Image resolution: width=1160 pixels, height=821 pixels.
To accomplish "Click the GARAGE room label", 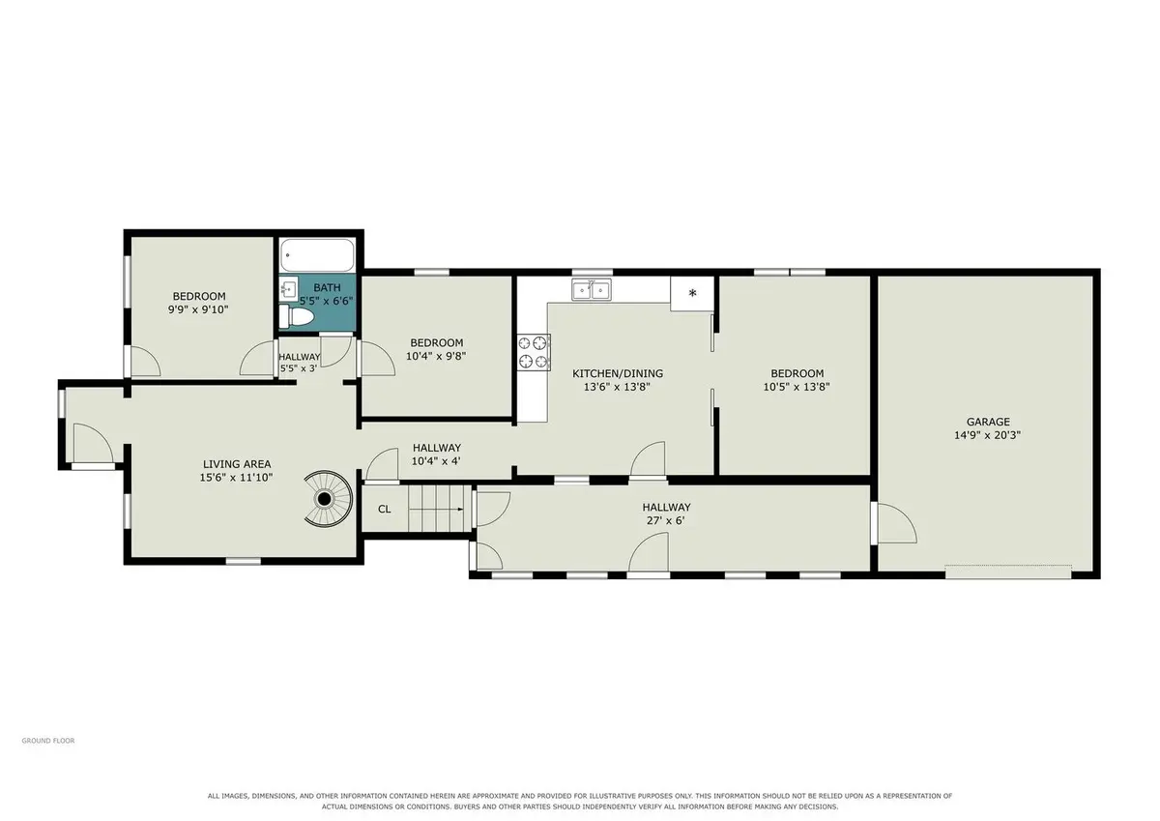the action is click(988, 422).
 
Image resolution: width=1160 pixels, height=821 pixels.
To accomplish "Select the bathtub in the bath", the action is click(317, 255).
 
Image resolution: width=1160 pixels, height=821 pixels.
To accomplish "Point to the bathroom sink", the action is click(288, 288).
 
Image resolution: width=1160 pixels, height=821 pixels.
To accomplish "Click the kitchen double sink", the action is click(592, 289).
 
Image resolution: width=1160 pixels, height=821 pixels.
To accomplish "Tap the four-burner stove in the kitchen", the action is click(534, 352).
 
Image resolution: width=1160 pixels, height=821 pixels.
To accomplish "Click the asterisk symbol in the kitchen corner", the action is click(692, 293).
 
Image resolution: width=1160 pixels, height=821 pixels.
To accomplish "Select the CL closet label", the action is click(385, 510).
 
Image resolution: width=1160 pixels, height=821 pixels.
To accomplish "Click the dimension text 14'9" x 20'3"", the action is click(988, 435).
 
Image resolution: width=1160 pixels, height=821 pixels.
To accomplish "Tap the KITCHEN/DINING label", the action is click(618, 373).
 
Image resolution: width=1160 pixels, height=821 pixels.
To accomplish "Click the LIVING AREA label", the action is click(237, 464).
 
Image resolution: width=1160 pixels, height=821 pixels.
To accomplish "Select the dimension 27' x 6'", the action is click(666, 520).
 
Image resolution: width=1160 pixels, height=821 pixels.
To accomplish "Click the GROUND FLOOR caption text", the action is click(48, 741).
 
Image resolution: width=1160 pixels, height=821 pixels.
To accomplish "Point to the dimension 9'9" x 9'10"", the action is click(198, 309).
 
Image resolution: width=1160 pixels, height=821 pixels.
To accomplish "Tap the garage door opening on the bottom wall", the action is click(1008, 572).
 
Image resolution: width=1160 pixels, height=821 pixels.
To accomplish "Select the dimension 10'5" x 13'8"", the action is click(797, 387).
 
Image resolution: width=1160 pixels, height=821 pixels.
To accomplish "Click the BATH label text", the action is click(328, 287).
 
